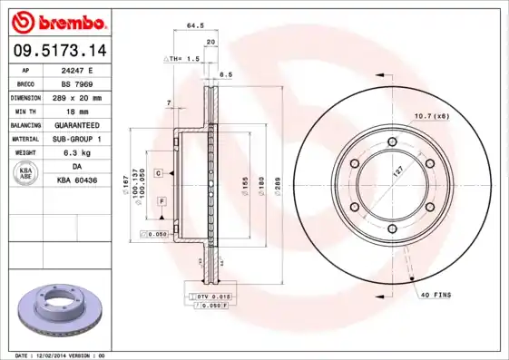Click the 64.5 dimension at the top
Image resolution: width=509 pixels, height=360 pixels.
(194, 27)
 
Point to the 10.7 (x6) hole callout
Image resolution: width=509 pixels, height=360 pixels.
(432, 115)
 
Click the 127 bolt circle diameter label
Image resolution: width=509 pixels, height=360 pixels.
(396, 170)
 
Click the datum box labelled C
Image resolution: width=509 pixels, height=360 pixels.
(157, 172)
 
